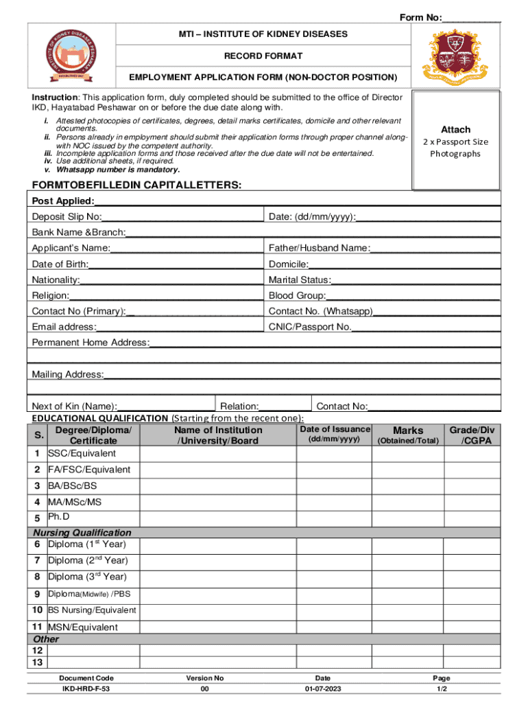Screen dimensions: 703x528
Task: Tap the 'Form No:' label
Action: pos(420,17)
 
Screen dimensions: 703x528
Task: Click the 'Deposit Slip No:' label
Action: pos(67,217)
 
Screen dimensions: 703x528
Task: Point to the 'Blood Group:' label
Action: pos(297,296)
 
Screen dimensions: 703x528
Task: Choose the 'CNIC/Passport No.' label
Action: pos(310,327)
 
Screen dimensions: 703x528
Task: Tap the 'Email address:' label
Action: pos(64,327)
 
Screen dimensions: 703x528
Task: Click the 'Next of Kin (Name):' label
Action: pos(74,406)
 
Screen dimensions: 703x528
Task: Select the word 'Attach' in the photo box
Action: pos(455,129)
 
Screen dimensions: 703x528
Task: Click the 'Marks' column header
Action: pos(408,430)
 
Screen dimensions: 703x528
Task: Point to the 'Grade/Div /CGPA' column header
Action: pos(472,435)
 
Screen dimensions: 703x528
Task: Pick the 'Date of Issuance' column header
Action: pos(335,429)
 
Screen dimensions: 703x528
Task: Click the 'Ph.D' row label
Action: pos(58,516)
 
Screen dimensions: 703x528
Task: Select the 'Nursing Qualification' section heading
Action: pos(82,533)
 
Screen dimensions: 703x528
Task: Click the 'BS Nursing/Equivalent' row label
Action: pos(91,610)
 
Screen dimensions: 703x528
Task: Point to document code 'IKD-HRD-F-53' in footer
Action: pos(86,689)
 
